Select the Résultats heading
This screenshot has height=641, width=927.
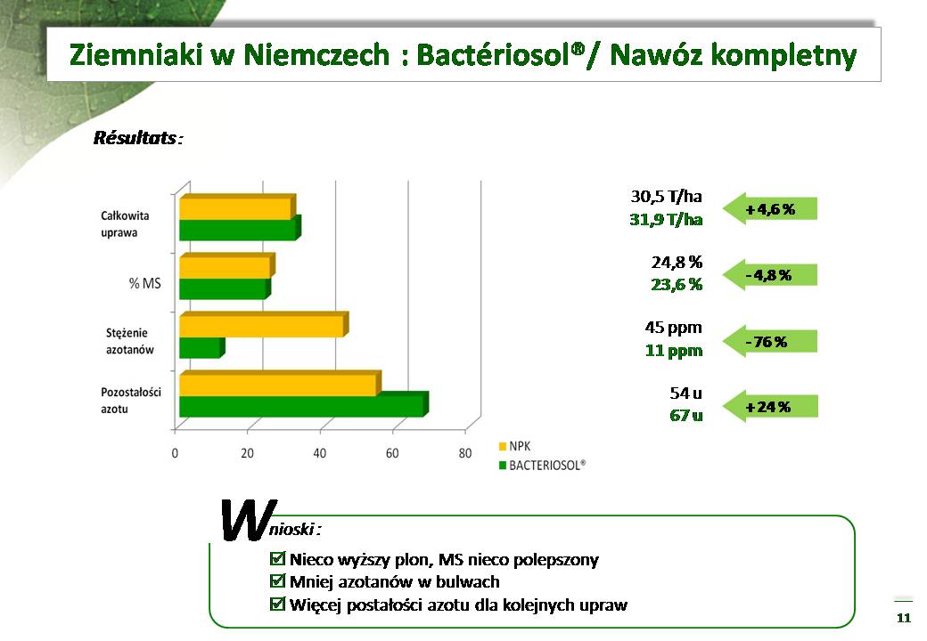(x=138, y=138)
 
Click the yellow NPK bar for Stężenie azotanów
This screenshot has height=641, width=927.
(x=264, y=325)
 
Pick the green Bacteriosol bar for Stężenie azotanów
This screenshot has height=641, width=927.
(x=202, y=347)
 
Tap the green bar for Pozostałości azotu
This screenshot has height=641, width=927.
(x=304, y=405)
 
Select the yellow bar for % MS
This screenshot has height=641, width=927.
(x=227, y=265)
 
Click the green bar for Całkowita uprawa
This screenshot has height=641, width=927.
(x=240, y=229)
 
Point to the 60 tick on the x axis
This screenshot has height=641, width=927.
(x=392, y=453)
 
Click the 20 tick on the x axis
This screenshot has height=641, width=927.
(x=247, y=453)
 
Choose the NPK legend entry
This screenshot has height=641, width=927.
(x=515, y=446)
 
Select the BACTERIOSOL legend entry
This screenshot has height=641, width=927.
(x=542, y=465)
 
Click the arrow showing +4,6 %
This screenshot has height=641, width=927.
(x=770, y=209)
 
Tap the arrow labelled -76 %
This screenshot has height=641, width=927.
(x=770, y=342)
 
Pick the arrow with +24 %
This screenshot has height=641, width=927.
(x=770, y=407)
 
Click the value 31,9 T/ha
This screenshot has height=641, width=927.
(x=666, y=220)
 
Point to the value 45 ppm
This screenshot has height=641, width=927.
(x=673, y=328)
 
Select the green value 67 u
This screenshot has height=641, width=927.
(x=685, y=416)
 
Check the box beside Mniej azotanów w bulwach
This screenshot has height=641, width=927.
(x=276, y=581)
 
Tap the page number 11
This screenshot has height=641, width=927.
(x=903, y=618)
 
